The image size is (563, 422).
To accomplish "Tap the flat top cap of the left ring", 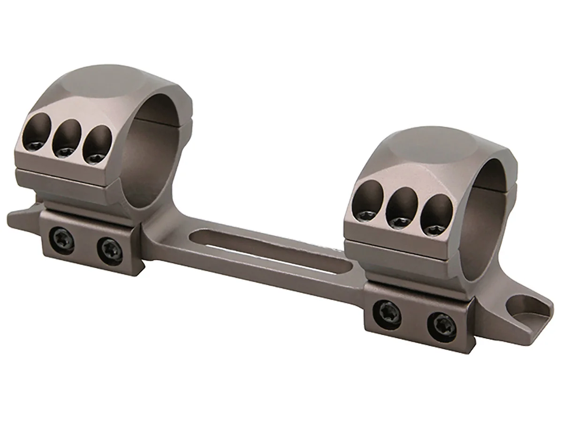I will (103, 87).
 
